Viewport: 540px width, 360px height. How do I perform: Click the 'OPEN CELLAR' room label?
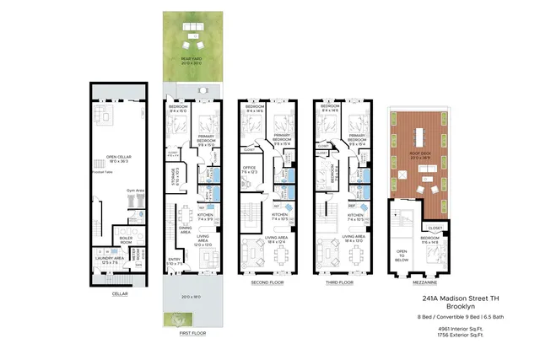coord(117,157)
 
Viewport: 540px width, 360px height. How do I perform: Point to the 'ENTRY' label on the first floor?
coord(173,261)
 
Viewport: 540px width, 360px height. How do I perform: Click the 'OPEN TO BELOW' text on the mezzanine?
coord(402,258)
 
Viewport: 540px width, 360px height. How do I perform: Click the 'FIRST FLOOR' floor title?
coord(192,333)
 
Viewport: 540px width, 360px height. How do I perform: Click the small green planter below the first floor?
coord(176,319)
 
